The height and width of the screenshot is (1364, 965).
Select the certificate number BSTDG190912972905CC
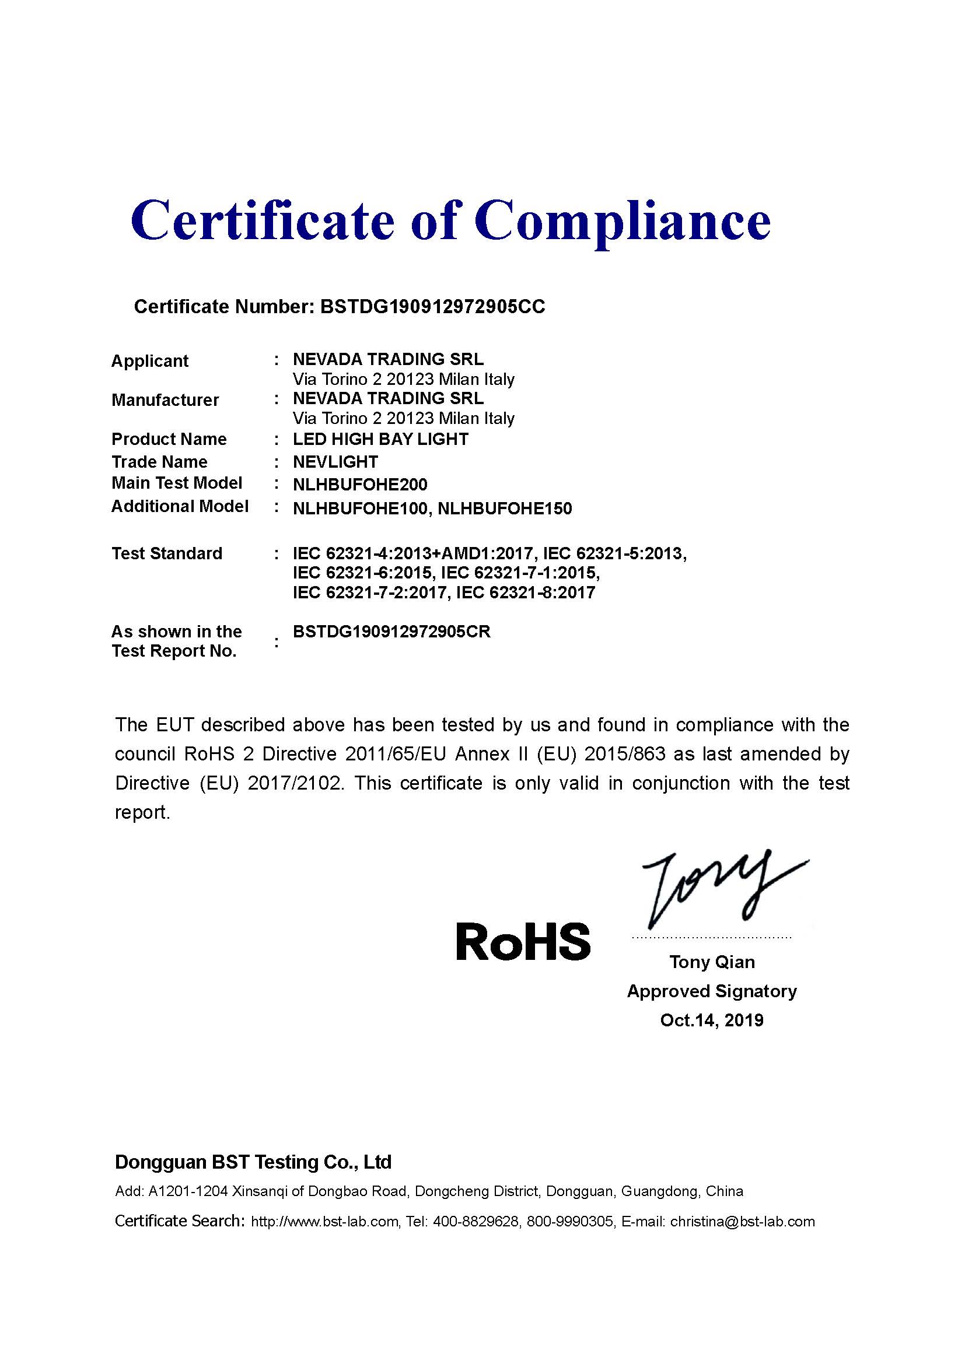(432, 307)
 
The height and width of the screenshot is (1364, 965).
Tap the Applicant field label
(150, 360)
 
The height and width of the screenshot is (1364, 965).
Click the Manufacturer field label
(165, 400)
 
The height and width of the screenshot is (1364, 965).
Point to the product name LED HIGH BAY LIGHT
(380, 439)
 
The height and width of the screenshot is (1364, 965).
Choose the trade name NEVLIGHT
(335, 462)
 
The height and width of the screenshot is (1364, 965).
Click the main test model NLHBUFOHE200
(360, 485)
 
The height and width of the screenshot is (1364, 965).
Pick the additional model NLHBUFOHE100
(360, 509)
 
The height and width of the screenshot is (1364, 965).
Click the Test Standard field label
(167, 553)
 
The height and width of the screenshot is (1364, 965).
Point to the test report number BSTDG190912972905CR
(391, 632)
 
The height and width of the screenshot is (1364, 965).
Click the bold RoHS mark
(523, 943)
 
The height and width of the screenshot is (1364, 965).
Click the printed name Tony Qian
(712, 962)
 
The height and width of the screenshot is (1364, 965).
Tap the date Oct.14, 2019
(712, 1020)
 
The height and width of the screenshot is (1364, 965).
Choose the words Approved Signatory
(712, 991)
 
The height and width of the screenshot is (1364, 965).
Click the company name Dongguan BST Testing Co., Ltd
(253, 1162)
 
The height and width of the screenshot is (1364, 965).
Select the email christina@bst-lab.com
(742, 1222)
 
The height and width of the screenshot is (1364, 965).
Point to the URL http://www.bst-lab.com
(324, 1222)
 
